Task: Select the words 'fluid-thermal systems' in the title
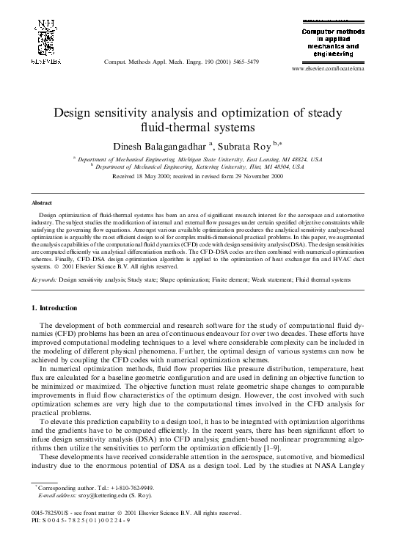[199, 127]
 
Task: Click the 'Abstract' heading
[42, 202]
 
